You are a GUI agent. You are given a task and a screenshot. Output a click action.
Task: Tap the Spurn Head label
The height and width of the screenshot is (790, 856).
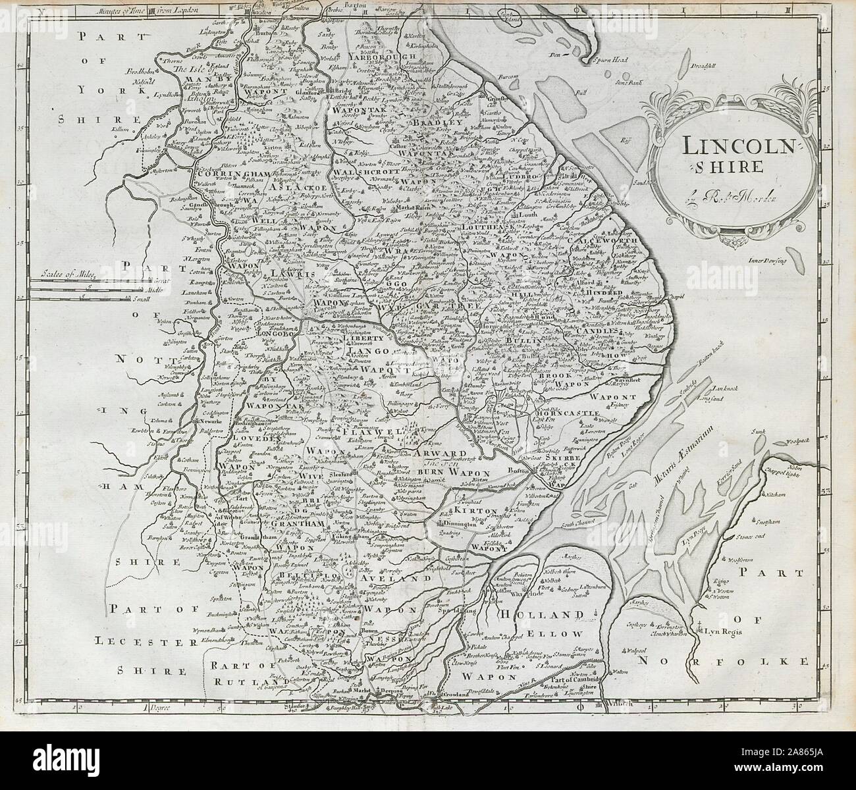(595, 60)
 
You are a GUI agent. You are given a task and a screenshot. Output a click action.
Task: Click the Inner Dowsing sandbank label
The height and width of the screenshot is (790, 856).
(768, 261)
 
